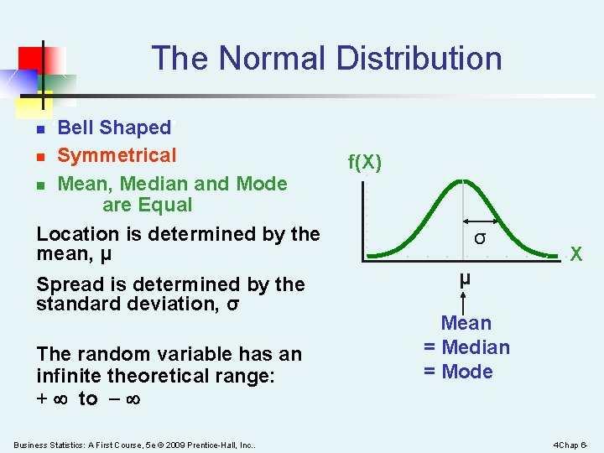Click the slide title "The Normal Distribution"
click(x=326, y=59)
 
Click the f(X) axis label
click(x=365, y=162)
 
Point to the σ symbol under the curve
click(x=479, y=237)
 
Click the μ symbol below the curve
click(x=464, y=279)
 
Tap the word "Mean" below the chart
click(x=466, y=323)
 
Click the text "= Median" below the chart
click(x=466, y=347)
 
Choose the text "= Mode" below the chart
click(x=458, y=372)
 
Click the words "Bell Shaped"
click(x=114, y=128)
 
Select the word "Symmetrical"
click(x=117, y=155)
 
